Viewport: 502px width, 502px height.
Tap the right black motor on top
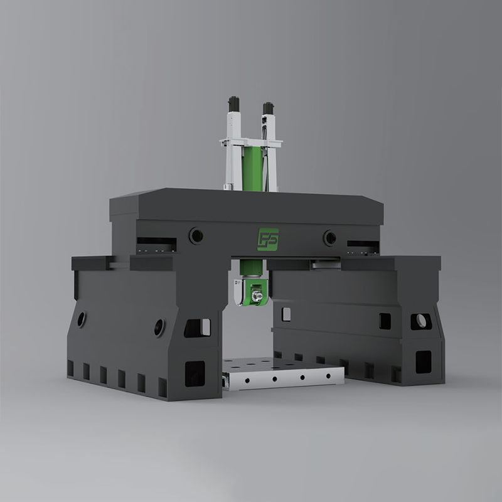[x=269, y=107]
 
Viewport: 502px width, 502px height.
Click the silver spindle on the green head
[x=257, y=292]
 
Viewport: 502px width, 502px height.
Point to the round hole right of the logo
[x=329, y=237]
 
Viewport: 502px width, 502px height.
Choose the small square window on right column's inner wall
[x=286, y=312]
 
